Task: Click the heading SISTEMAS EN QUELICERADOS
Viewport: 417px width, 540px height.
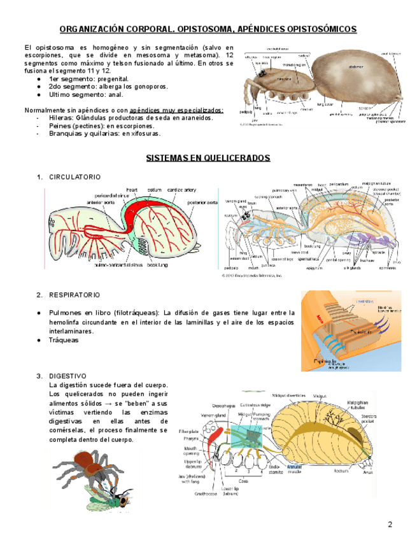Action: point(208,158)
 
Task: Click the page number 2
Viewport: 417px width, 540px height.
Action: point(390,523)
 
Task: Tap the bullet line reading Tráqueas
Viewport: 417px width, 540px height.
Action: point(63,340)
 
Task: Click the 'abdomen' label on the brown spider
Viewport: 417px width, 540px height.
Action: point(357,67)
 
